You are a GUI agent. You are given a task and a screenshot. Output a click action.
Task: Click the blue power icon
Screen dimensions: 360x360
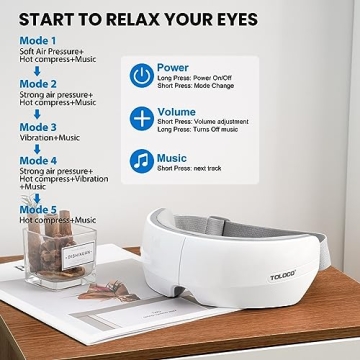click(142, 75)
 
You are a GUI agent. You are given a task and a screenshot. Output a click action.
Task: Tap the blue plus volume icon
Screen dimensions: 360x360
click(142, 117)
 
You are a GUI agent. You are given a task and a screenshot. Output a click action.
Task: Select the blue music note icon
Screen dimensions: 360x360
click(142, 159)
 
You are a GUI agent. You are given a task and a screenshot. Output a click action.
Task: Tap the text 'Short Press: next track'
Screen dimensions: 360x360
click(196, 168)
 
